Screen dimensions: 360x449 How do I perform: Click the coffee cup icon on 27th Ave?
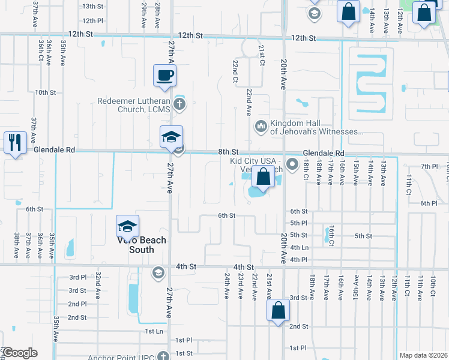pos(165,76)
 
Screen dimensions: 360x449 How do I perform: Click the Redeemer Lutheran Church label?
pos(134,105)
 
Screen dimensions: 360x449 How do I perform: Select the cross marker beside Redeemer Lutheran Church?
pos(178,105)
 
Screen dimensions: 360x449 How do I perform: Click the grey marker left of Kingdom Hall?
pos(261,126)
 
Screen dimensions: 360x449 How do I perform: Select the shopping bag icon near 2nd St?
pos(278,310)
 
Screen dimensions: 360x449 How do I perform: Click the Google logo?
pos(19,353)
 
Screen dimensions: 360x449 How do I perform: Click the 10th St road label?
pos(45,92)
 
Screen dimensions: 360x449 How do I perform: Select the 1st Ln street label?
pos(154,331)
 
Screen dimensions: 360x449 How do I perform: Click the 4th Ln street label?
pos(299,247)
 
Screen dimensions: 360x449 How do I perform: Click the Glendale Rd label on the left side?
pos(54,150)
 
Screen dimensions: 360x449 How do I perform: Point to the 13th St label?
pos(93,6)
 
